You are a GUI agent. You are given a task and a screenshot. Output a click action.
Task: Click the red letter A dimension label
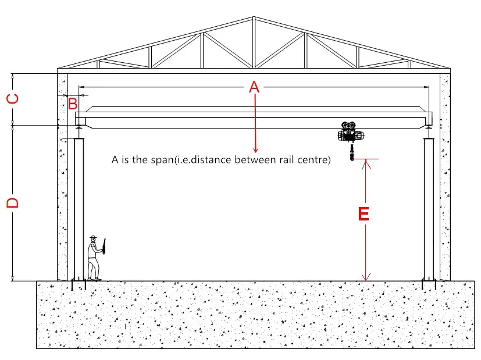(x=254, y=87)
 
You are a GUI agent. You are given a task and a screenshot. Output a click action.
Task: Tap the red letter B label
(x=72, y=105)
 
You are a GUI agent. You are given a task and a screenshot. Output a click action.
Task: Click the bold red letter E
(x=364, y=214)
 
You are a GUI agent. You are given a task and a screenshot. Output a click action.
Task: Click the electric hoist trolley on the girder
(x=351, y=133)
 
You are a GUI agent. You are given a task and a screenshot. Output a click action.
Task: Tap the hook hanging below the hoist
(x=352, y=157)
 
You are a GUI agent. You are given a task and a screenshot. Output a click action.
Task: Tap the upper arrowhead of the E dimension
(x=365, y=163)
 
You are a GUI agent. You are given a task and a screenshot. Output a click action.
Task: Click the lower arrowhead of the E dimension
(x=365, y=277)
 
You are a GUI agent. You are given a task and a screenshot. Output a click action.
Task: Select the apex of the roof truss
(x=253, y=17)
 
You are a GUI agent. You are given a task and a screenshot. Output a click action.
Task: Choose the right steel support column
(x=429, y=209)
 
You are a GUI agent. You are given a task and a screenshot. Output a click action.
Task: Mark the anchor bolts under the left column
(x=78, y=285)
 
